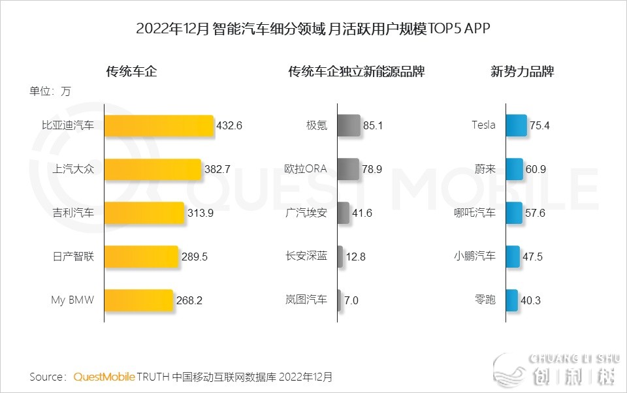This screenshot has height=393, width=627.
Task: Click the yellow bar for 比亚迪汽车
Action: click(159, 125)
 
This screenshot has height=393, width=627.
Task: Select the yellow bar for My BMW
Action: click(138, 300)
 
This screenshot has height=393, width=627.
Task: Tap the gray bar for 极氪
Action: click(349, 125)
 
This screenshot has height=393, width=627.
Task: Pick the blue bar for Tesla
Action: click(515, 125)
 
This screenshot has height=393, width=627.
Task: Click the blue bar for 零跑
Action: click(511, 300)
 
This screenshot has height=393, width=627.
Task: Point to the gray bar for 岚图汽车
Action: click(339, 300)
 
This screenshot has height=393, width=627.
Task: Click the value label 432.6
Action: click(229, 125)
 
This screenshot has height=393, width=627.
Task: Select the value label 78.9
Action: click(372, 169)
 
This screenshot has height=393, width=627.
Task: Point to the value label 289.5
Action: click(194, 257)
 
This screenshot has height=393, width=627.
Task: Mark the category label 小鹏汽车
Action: click(475, 257)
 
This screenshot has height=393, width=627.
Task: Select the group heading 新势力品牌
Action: click(522, 72)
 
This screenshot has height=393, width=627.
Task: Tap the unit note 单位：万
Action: click(50, 91)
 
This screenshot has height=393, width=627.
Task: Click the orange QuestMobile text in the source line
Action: click(104, 377)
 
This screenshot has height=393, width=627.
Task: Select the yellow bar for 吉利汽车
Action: click(144, 213)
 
